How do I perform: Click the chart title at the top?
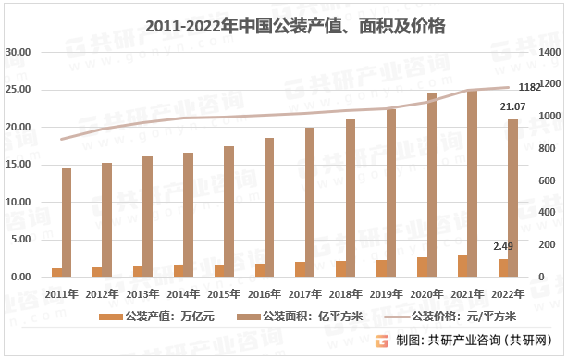pyautogui.click(x=283, y=27)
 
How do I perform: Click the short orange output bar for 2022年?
pyautogui.click(x=503, y=267)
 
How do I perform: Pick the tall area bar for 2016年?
pyautogui.click(x=269, y=207)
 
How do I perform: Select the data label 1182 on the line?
pyautogui.click(x=530, y=88)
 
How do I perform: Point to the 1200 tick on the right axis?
pyautogui.click(x=550, y=83)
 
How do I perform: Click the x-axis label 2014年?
pyautogui.click(x=184, y=294)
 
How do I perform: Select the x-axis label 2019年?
pyautogui.click(x=387, y=294)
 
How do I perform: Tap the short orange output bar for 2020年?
pyautogui.click(x=423, y=267)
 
